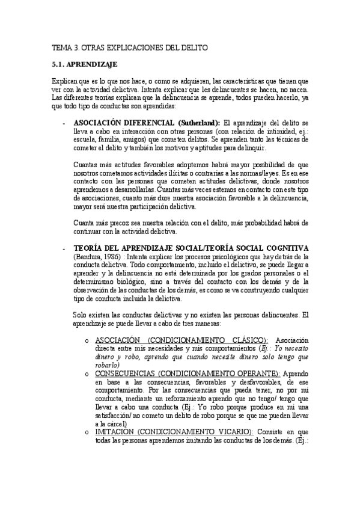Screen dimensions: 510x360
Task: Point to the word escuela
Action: pos(86,140)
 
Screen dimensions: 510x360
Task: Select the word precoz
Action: pos(115,223)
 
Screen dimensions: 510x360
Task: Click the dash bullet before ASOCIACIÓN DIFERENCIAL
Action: pos(64,123)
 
